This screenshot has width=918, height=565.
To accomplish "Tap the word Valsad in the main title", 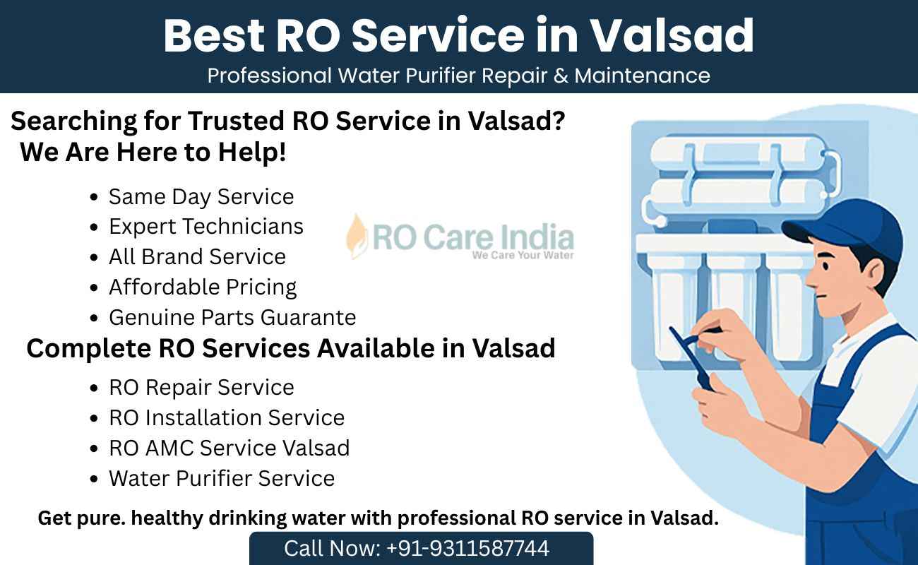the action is click(672, 36).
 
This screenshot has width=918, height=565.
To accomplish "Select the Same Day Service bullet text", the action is click(201, 197).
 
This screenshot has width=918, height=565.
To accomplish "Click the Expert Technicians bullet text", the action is click(206, 226).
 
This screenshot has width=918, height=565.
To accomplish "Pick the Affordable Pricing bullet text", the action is click(203, 287).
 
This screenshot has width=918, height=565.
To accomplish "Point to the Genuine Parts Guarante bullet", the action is click(232, 317).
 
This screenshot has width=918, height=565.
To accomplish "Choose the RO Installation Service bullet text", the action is click(227, 418).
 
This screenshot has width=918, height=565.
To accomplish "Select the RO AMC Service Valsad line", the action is click(229, 448).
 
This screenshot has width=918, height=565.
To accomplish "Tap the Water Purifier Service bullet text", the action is click(222, 479).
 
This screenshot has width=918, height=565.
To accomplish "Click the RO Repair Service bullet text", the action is click(201, 388).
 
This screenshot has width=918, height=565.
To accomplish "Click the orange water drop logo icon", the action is click(356, 237).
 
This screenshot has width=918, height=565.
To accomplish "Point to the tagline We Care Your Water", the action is click(523, 255).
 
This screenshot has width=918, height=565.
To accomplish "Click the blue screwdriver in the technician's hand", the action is click(693, 356).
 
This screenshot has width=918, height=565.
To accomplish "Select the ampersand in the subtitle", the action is click(561, 76).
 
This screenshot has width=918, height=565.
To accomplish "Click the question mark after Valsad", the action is click(559, 121).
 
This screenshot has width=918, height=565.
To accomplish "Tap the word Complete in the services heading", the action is click(89, 349).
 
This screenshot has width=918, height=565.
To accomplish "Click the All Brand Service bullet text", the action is click(197, 256).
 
